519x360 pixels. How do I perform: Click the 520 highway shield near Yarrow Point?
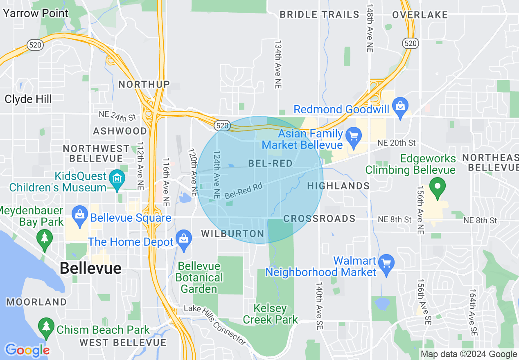(35, 45)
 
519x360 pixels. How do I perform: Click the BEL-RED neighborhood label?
(271, 164)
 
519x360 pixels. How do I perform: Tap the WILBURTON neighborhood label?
(232, 234)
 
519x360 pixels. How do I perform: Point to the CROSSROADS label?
(319, 218)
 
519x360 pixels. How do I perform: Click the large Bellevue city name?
(90, 268)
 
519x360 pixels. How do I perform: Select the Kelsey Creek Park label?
(270, 314)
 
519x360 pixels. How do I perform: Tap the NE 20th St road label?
(396, 143)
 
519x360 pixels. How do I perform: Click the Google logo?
(27, 350)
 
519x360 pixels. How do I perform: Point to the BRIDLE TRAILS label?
(319, 15)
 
